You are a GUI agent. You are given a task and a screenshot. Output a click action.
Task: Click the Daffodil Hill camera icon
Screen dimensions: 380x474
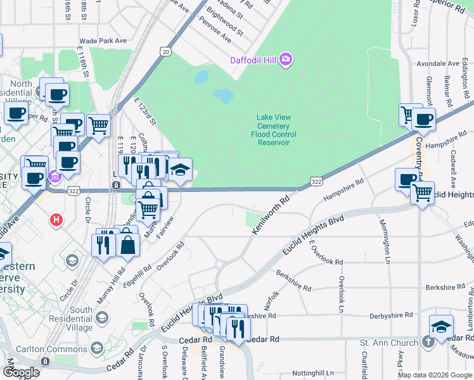coord(286,60)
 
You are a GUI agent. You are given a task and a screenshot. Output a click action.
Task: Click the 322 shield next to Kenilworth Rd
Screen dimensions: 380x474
coord(316,182)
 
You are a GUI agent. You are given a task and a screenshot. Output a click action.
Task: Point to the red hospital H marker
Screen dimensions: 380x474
coord(56,220)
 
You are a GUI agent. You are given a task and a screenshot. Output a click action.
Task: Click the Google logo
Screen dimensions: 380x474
coord(20,372)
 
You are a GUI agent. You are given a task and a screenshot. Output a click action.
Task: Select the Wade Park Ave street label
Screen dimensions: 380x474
coord(103,41)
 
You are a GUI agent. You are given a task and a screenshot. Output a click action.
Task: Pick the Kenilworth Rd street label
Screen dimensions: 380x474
coord(270,215)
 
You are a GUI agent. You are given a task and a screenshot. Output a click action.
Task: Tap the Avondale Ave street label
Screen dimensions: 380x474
coord(438,64)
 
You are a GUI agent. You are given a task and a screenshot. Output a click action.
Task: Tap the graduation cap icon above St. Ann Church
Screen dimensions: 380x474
coord(441,327)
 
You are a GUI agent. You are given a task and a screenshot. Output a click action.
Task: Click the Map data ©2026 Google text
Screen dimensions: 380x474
coord(434,375)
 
